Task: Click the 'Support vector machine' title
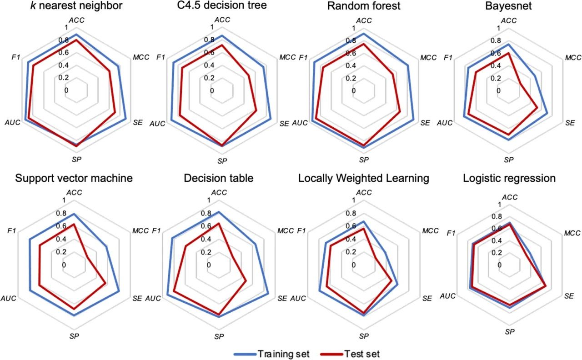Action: click(74, 178)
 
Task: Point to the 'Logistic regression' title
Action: click(509, 178)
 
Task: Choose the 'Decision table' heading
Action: click(218, 178)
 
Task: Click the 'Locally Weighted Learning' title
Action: click(363, 178)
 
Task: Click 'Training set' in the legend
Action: click(284, 354)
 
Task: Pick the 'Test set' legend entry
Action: click(362, 354)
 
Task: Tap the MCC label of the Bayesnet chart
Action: click(573, 58)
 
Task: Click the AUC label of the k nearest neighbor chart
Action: click(12, 123)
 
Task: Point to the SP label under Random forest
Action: click(363, 160)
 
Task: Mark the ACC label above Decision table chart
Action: click(219, 192)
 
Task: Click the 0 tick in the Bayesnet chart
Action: click(498, 90)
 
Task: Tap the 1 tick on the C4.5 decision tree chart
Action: click(212, 27)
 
